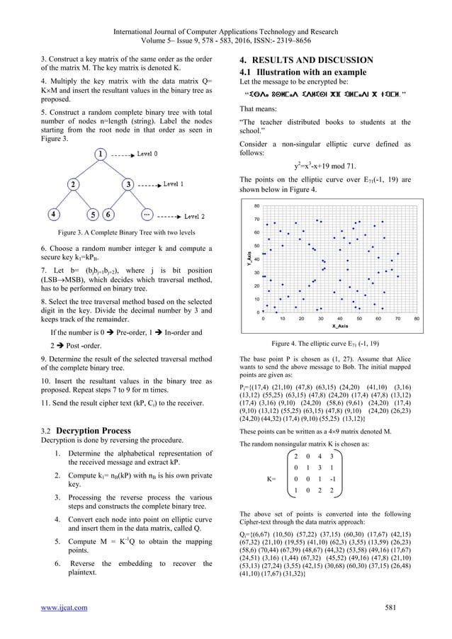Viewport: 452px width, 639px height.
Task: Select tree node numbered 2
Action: (x=72, y=183)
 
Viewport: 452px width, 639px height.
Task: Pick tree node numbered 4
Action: (x=54, y=214)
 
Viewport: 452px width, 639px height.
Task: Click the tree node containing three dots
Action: (x=147, y=214)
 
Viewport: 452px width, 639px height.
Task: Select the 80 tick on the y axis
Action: (x=257, y=205)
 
